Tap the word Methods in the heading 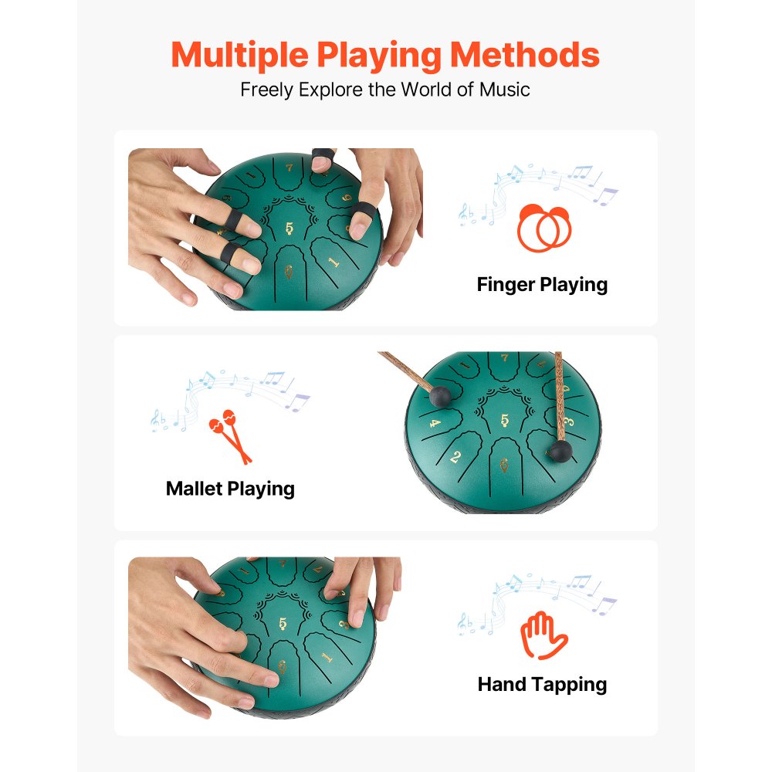click(x=524, y=55)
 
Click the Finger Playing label click(x=542, y=284)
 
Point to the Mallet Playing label click(x=230, y=489)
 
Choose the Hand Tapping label click(x=542, y=684)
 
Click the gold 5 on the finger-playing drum click(x=289, y=228)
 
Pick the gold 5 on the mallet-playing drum click(x=505, y=421)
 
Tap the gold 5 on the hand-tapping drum click(x=283, y=624)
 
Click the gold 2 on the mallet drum click(x=455, y=457)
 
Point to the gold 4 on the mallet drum click(x=435, y=423)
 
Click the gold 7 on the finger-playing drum click(x=289, y=166)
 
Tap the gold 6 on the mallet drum click(x=505, y=466)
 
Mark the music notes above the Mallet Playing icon click(x=232, y=394)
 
